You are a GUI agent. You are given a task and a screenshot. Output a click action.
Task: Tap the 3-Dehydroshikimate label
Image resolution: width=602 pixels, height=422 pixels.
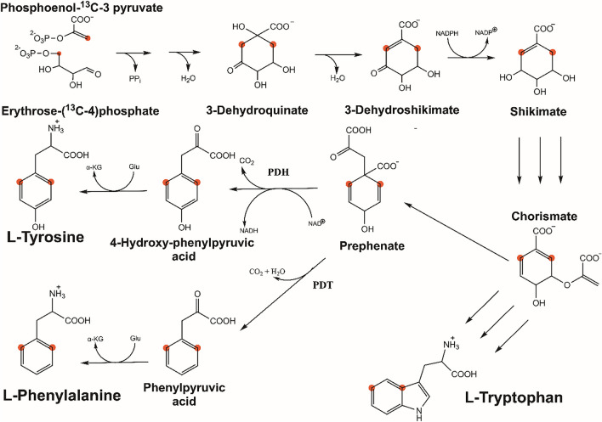coord(372,110)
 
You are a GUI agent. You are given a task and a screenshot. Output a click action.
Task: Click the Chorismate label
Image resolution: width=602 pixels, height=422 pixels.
coord(540,217)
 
